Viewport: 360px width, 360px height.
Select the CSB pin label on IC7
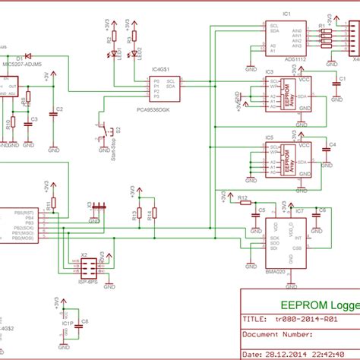click(x=297, y=247)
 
